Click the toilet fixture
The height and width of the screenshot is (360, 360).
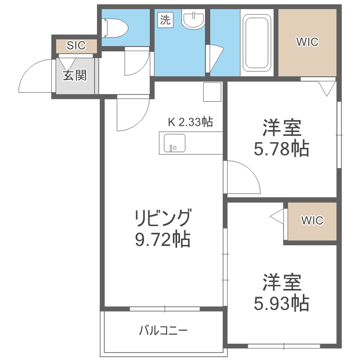tap(116, 28)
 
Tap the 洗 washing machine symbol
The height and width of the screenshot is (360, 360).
tap(165, 20)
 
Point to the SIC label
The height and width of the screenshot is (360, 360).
tap(76, 46)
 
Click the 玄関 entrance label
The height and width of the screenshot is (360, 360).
tap(74, 75)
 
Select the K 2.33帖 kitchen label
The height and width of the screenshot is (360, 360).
tap(190, 122)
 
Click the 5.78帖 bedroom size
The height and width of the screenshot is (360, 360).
tap(282, 149)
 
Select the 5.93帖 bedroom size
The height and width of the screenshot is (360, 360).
tap(282, 303)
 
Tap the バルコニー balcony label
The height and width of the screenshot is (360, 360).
tap(163, 330)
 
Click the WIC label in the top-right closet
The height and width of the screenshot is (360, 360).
tap(307, 42)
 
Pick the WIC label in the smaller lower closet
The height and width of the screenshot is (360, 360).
tap(312, 220)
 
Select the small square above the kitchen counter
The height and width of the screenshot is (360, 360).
tap(212, 92)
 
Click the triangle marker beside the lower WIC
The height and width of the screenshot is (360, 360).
tap(278, 217)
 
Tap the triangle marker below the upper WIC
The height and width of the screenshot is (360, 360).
tap(327, 88)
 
